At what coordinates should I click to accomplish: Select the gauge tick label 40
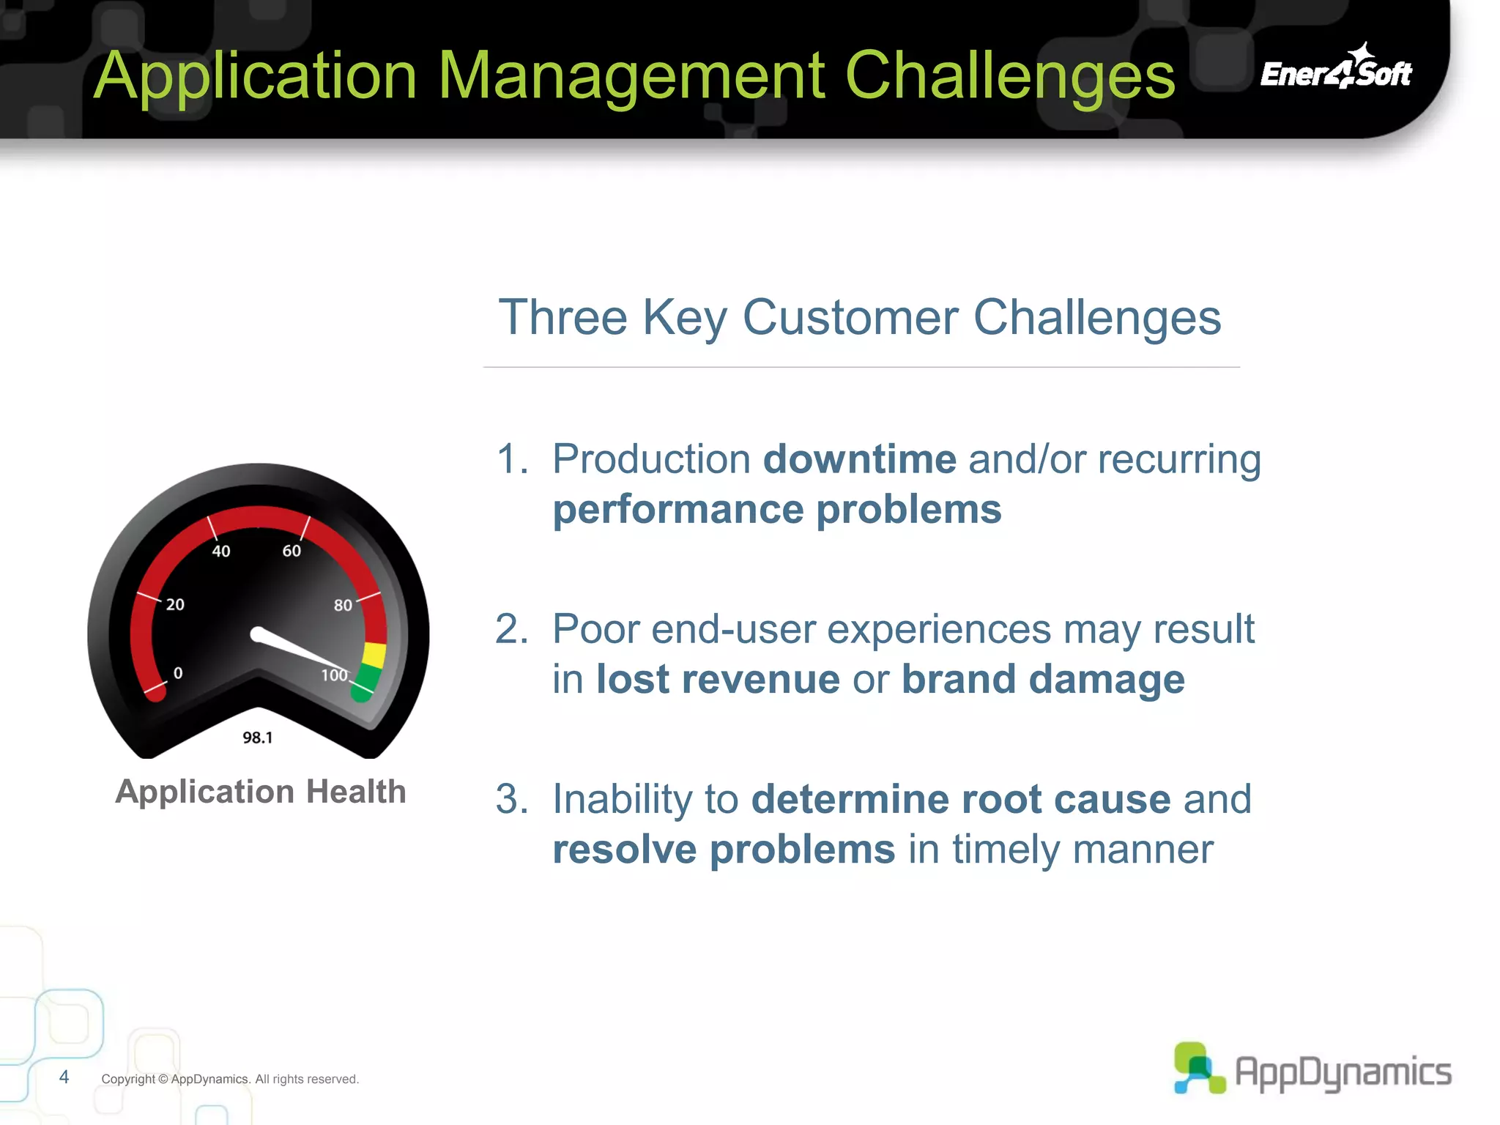pos(220,551)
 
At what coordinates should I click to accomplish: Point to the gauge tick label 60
pos(292,551)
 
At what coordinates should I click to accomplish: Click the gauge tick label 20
pos(175,604)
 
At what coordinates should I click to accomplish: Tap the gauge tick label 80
pos(343,605)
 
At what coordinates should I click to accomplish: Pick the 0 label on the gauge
pos(178,673)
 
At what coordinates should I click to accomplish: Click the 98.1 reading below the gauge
pos(257,738)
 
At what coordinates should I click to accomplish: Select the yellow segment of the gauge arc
pos(374,654)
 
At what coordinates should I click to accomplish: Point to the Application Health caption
pos(261,792)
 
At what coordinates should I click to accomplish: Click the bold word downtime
pos(859,459)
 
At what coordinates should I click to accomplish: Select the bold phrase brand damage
pos(1042,679)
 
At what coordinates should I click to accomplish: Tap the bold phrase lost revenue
pos(717,679)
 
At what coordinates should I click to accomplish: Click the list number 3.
pos(510,799)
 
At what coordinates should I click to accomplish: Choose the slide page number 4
pos(64,1077)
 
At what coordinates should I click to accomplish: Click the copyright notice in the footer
pos(230,1079)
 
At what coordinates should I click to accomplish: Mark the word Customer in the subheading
pos(850,318)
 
